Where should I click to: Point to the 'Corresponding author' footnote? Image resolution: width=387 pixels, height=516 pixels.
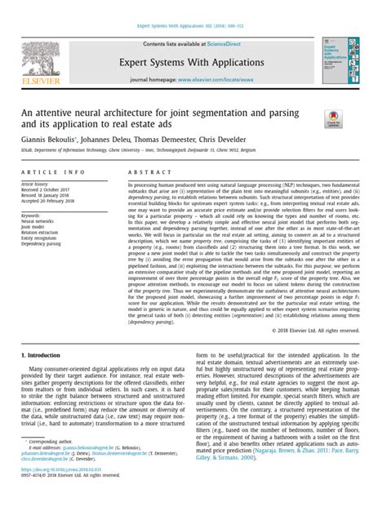(54, 465)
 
